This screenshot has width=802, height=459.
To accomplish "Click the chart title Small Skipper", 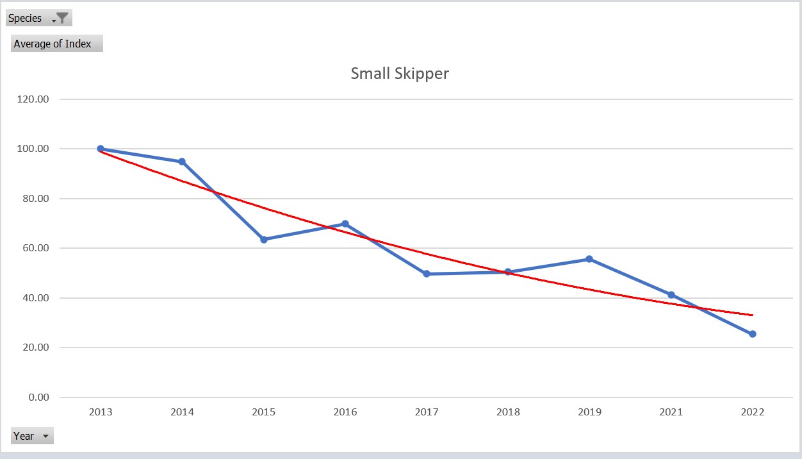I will point(400,73).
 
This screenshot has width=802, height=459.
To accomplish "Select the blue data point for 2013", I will point(101,149).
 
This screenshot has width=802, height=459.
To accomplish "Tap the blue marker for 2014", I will point(182,162).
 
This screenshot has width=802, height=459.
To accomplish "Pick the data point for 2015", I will point(263,240).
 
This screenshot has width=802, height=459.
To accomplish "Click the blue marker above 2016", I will point(345,224).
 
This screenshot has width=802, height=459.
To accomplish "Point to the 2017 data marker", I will point(427,274).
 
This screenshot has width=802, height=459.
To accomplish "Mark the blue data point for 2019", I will point(589,259).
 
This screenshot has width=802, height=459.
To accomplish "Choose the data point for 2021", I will point(671,295).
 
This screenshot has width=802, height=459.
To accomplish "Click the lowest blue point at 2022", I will point(753,334).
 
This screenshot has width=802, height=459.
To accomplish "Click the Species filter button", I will point(38,18).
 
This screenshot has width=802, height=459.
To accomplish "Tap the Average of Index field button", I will point(56,44).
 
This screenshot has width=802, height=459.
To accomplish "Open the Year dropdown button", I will point(32,436).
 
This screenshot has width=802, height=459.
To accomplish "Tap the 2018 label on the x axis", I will point(508,412).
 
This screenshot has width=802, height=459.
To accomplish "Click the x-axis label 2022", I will point(753,412).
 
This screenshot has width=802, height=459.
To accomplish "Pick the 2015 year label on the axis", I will point(263,412).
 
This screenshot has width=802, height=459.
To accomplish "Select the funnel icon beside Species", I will point(62,18).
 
